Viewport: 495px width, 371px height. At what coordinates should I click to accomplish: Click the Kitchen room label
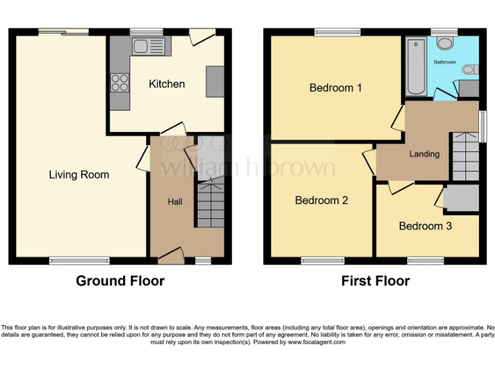tap(166, 84)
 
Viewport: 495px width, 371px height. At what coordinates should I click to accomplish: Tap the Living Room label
tap(79, 175)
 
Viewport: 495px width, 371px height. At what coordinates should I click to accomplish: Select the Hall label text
tap(175, 202)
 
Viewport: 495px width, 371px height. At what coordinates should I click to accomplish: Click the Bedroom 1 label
tap(335, 88)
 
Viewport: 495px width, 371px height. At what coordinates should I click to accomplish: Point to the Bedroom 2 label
tap(321, 200)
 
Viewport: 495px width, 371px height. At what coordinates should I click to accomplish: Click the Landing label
tap(424, 154)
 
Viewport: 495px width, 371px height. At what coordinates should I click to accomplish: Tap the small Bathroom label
tap(444, 62)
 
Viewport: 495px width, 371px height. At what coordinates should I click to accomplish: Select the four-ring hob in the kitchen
tap(120, 82)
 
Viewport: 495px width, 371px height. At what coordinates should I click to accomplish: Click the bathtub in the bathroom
tap(416, 66)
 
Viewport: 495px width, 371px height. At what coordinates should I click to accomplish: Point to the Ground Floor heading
tap(120, 281)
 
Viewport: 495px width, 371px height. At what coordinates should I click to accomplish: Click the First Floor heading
tap(375, 281)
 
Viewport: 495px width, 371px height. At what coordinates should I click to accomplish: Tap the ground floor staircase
tap(209, 204)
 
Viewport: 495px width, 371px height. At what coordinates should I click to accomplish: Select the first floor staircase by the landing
tap(465, 157)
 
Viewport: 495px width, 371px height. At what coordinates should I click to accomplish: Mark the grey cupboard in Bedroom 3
tap(460, 198)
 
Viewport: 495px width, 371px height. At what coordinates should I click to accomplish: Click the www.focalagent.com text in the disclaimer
tap(316, 342)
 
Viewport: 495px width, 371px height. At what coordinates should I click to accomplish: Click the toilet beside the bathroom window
tap(445, 43)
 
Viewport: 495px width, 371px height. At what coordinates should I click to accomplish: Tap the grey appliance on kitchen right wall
tap(215, 81)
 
